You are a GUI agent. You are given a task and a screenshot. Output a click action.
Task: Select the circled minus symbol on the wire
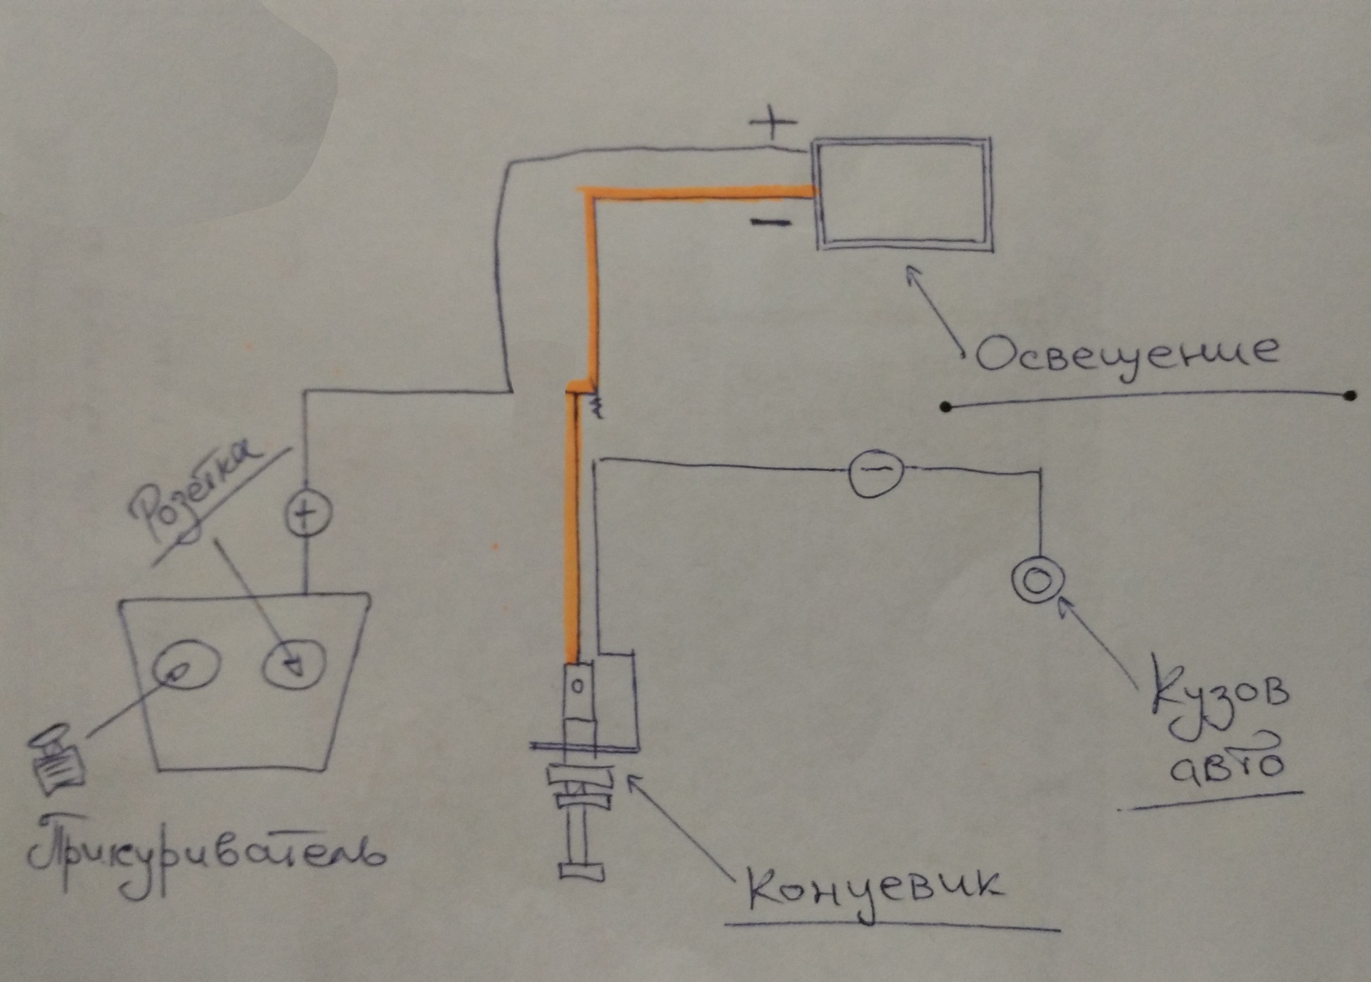coord(875,470)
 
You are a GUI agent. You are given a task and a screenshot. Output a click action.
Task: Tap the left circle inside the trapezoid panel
coord(185,664)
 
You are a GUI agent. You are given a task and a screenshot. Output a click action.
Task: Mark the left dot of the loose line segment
coord(946,407)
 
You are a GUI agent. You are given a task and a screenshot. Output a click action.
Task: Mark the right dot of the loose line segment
coord(1349,395)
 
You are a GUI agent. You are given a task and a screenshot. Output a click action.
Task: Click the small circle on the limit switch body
coord(578,687)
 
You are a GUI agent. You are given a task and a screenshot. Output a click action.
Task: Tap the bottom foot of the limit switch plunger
coord(582,872)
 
